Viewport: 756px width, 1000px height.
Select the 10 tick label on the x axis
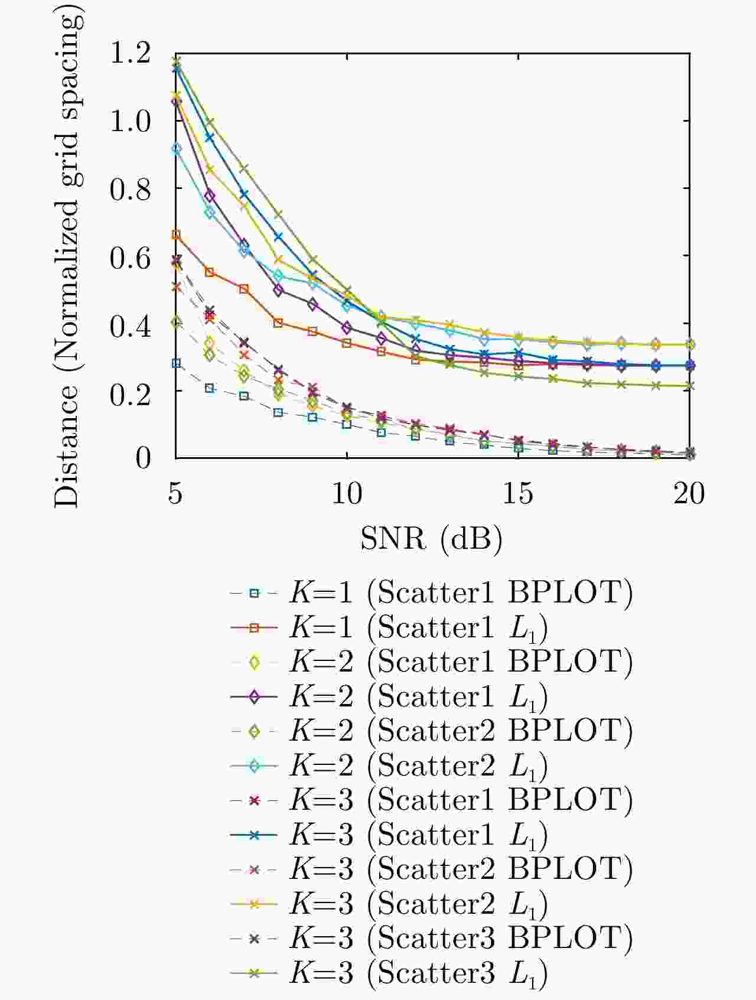347,493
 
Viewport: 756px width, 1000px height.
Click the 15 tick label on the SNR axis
518,493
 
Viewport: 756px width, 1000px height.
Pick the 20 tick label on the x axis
689,493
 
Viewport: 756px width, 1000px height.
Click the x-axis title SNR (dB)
431,538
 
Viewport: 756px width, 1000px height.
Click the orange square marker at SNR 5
175,234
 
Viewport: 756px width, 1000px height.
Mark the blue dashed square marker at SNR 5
175,363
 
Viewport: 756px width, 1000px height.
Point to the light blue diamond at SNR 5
175,148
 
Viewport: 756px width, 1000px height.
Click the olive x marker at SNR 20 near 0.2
689,386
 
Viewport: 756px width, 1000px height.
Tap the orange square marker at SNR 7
243,288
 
